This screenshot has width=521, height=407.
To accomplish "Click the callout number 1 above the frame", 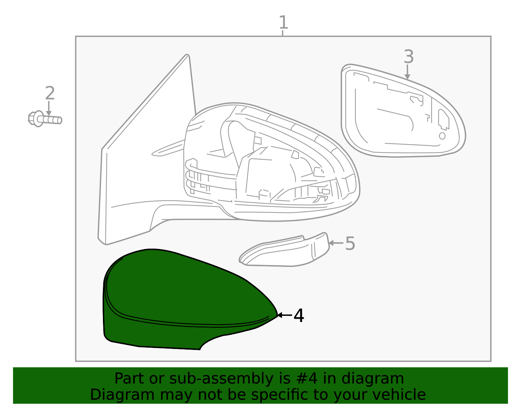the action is [283, 22].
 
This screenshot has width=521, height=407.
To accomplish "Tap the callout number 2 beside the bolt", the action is [50, 93].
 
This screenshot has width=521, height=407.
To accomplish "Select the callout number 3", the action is [409, 57].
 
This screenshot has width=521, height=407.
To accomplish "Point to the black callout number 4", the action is [299, 316].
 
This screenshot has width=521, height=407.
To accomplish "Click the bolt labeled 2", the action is [45, 119].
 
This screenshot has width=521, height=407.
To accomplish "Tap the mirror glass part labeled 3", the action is [403, 111].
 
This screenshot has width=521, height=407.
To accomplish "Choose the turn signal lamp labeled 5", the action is [284, 251].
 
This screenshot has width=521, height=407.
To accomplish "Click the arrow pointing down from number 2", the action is [49, 108].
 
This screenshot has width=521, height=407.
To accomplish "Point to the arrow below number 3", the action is [407, 72].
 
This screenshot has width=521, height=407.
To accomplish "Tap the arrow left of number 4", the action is [284, 315].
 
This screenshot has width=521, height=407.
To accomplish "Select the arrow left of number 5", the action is [336, 243].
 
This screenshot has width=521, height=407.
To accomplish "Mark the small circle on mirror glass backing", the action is [442, 136].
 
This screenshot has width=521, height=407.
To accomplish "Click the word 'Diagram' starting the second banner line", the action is [122, 395].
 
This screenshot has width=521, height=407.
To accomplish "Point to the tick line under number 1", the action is [283, 33].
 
